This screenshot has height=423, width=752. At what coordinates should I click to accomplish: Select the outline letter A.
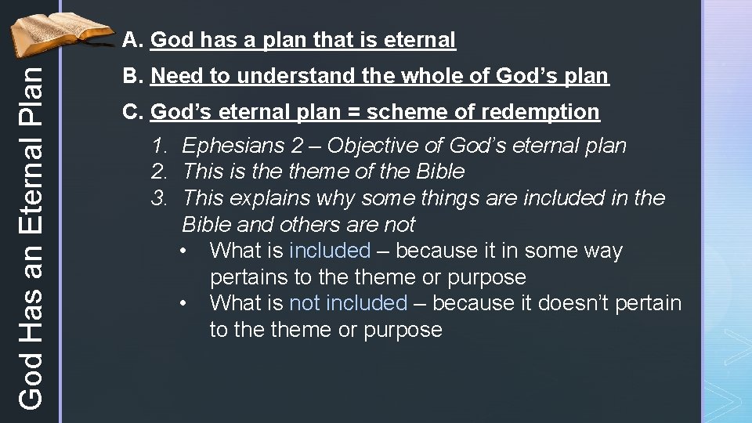point(132,40)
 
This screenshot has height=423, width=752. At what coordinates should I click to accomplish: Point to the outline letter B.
point(132,76)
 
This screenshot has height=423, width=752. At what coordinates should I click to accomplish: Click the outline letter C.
point(132,112)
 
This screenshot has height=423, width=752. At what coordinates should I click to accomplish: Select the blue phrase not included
point(349,303)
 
